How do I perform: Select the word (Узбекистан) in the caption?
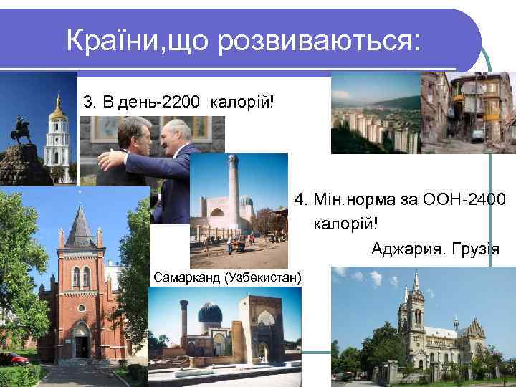point(263,277)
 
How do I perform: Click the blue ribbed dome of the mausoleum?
point(209,314)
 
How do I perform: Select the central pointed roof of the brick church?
point(81,226)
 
